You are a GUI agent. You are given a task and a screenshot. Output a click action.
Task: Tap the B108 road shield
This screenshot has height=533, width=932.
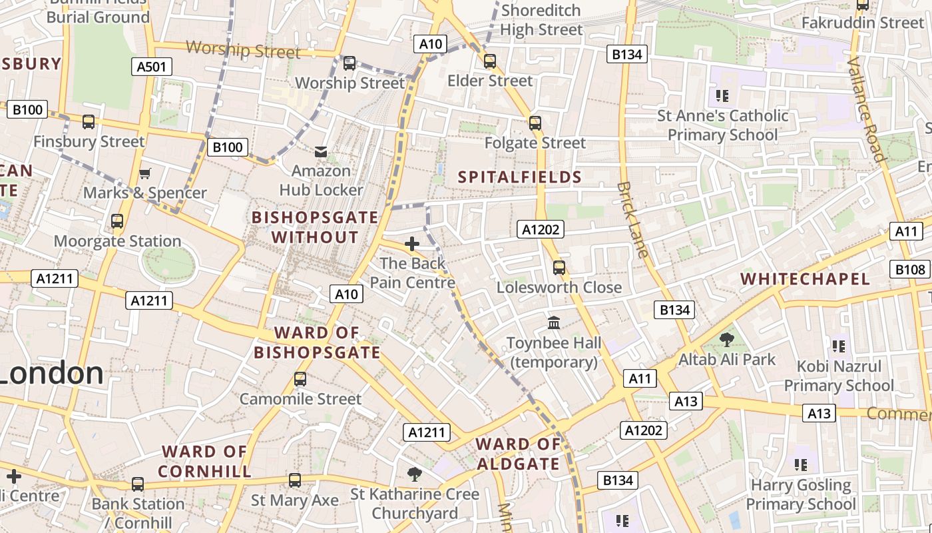pyautogui.click(x=910, y=269)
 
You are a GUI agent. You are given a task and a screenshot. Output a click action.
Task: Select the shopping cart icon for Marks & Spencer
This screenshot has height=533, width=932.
pyautogui.click(x=145, y=174)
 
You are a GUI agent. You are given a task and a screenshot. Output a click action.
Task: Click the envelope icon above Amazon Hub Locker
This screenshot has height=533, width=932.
pyautogui.click(x=321, y=153)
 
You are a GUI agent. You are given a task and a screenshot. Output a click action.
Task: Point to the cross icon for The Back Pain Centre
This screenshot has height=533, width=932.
pyautogui.click(x=412, y=244)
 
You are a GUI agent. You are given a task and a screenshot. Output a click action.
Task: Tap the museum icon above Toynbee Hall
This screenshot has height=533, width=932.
pyautogui.click(x=554, y=323)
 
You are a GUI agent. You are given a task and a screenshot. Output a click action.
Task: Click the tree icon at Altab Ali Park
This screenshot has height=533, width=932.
pyautogui.click(x=727, y=340)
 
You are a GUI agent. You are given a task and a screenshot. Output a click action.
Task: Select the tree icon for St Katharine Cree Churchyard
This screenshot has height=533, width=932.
pyautogui.click(x=415, y=474)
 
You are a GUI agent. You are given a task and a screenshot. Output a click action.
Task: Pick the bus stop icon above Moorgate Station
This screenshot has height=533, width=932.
pyautogui.click(x=117, y=221)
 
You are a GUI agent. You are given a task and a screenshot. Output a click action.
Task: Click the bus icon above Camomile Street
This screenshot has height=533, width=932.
pyautogui.click(x=300, y=379)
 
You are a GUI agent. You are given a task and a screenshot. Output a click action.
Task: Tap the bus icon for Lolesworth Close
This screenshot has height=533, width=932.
pyautogui.click(x=559, y=268)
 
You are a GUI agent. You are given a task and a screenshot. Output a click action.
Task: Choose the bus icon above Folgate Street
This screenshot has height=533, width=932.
pyautogui.click(x=535, y=123)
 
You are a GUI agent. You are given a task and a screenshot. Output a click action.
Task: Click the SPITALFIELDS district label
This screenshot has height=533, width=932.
pyautogui.click(x=520, y=177)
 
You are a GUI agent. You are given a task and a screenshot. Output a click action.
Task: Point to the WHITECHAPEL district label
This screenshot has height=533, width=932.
pyautogui.click(x=805, y=279)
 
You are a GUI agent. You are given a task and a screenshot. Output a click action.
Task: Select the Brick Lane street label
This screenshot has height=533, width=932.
pyautogui.click(x=632, y=220)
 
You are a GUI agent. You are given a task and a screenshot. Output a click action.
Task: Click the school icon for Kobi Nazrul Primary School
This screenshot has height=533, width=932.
pyautogui.click(x=838, y=346)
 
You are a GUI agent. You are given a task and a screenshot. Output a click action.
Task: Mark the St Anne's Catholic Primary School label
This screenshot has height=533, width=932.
pyautogui.click(x=722, y=125)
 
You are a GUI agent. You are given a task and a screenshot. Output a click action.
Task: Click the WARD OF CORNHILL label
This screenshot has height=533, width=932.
pyautogui.click(x=205, y=461)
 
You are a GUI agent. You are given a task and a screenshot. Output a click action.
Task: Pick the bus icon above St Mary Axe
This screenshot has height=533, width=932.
pyautogui.click(x=294, y=480)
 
